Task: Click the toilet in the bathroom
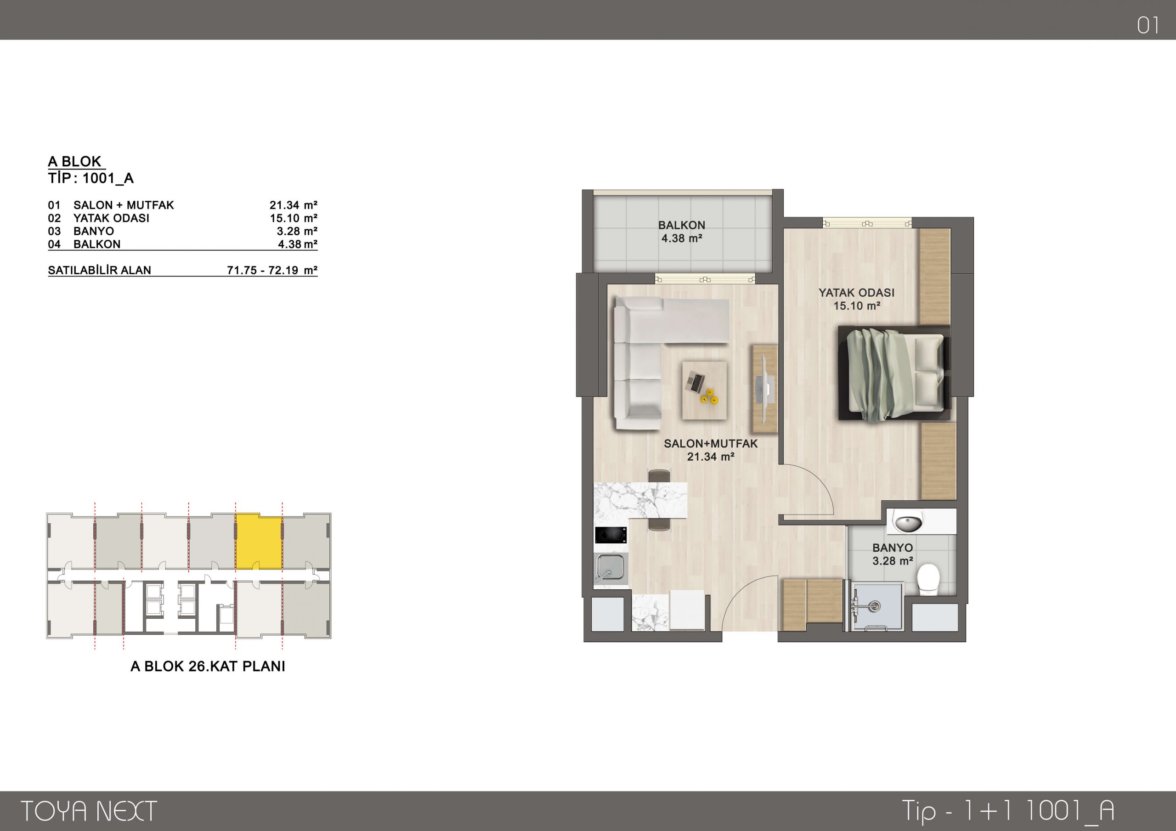(928, 579)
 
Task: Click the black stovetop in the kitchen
(611, 535)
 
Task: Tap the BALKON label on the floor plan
(681, 225)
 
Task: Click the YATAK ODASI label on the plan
(856, 293)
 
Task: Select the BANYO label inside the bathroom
(892, 548)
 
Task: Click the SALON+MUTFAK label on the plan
(710, 444)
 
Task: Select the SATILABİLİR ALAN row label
(99, 270)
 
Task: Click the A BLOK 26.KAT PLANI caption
(208, 666)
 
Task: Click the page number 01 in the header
(1148, 26)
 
